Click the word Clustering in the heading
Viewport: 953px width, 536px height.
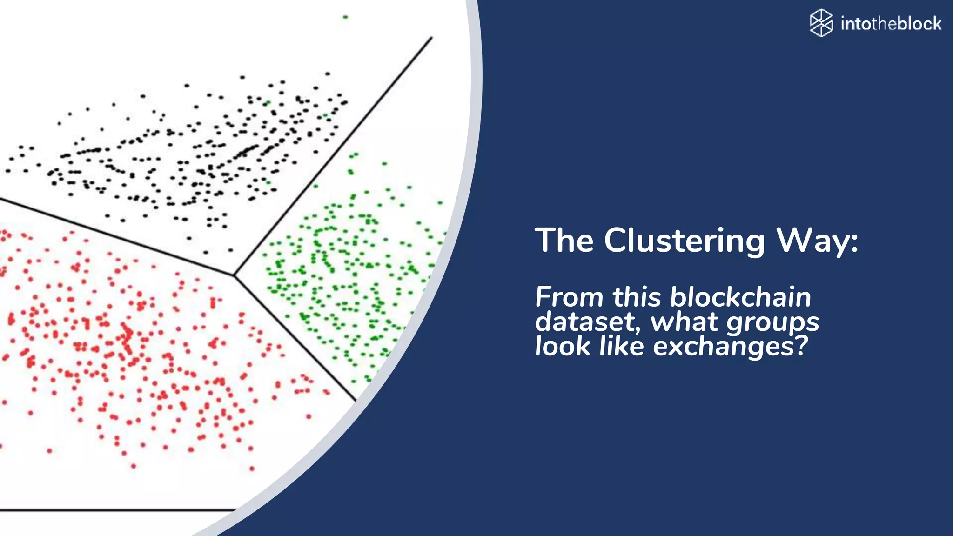[x=684, y=241]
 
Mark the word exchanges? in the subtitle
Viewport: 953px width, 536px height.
[x=731, y=347]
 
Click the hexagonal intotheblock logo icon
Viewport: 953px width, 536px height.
[x=821, y=23]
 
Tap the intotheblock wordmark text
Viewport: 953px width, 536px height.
[x=891, y=23]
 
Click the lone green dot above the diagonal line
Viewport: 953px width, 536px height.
[x=345, y=17]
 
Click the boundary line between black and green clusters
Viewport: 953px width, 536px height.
[x=333, y=156]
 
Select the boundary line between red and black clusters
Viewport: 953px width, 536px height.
[x=116, y=237]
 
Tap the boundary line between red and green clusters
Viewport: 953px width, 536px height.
[x=295, y=338]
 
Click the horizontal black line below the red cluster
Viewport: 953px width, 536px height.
[x=116, y=510]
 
